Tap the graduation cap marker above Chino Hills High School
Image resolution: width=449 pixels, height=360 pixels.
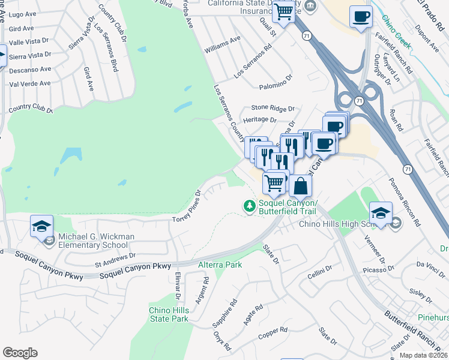(x=380, y=213)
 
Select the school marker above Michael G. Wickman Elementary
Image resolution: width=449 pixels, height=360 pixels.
(x=41, y=226)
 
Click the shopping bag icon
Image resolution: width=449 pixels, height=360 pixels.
(x=300, y=185)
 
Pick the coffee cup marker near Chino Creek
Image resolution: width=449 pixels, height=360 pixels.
(x=360, y=17)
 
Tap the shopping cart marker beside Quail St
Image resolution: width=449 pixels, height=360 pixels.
(x=283, y=11)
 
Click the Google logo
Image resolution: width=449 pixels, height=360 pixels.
(x=20, y=353)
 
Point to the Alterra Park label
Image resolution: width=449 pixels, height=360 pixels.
(x=220, y=265)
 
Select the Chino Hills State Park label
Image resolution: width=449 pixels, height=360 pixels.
(x=169, y=314)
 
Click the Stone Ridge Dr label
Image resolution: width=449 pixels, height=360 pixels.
(x=273, y=109)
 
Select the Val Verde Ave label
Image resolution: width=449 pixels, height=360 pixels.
(x=30, y=84)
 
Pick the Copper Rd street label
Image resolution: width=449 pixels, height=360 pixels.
(x=274, y=331)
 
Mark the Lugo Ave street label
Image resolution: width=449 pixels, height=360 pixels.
(x=23, y=14)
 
